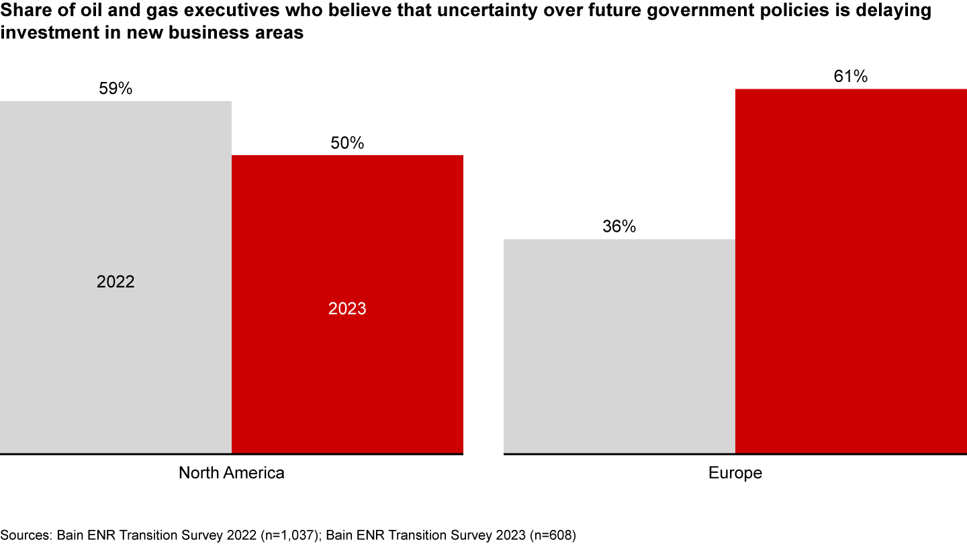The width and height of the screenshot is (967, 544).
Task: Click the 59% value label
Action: point(116,89)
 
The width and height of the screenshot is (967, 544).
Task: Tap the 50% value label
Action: point(347,143)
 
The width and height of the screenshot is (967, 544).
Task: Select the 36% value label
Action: point(619,227)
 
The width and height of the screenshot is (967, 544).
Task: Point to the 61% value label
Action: point(851,77)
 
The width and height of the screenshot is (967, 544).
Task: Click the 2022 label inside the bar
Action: point(116,281)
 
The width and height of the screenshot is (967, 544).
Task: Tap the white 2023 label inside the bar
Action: point(347,309)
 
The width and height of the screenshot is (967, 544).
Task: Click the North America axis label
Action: point(231,473)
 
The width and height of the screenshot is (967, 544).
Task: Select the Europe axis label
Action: point(735,473)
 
